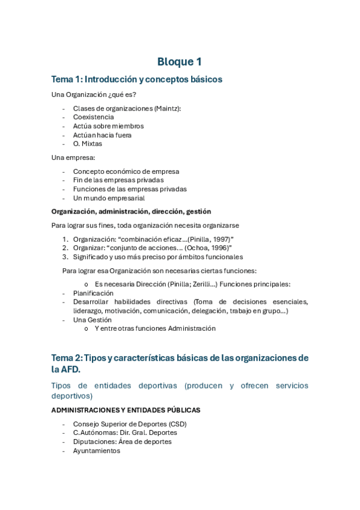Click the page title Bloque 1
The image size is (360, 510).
point(180,62)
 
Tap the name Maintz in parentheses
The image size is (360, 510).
point(166,108)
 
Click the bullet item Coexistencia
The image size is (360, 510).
point(93,117)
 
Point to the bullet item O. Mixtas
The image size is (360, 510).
point(88,144)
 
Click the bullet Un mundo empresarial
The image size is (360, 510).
point(109,198)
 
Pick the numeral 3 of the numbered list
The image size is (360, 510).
point(64,257)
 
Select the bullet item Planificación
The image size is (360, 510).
point(93,293)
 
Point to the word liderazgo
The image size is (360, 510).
point(88,311)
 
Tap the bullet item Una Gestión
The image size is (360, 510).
point(93,320)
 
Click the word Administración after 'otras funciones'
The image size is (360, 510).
point(192,328)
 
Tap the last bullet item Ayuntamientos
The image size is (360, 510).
point(97,450)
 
